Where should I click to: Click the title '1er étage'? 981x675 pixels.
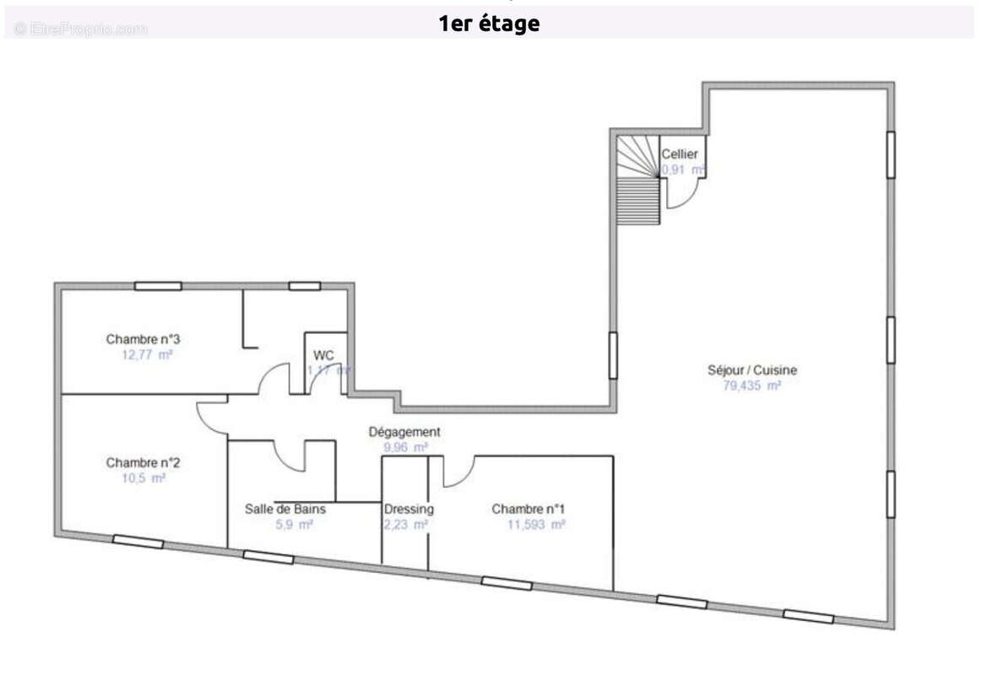[489, 24]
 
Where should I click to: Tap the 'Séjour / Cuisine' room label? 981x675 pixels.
[751, 370]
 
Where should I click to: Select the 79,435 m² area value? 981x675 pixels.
[751, 386]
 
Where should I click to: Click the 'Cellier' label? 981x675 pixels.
[679, 154]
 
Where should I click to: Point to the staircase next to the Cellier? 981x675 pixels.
[637, 181]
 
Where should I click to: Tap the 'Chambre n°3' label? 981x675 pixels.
[144, 339]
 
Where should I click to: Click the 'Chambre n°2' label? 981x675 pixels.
[144, 462]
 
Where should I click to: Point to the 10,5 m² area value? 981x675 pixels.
[144, 478]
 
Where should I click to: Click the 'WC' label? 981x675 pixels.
[323, 354]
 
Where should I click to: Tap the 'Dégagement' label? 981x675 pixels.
[404, 432]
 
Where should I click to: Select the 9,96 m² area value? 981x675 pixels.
[405, 447]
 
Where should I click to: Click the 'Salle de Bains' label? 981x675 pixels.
[285, 509]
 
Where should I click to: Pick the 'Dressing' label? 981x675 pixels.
[409, 509]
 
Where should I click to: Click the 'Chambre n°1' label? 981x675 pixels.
[528, 509]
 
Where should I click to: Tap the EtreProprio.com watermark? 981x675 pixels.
[80, 29]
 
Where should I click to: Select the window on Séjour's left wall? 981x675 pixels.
[613, 355]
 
